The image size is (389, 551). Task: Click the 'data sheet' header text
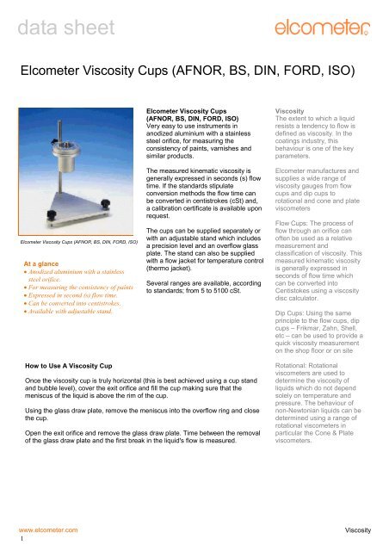52,15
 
